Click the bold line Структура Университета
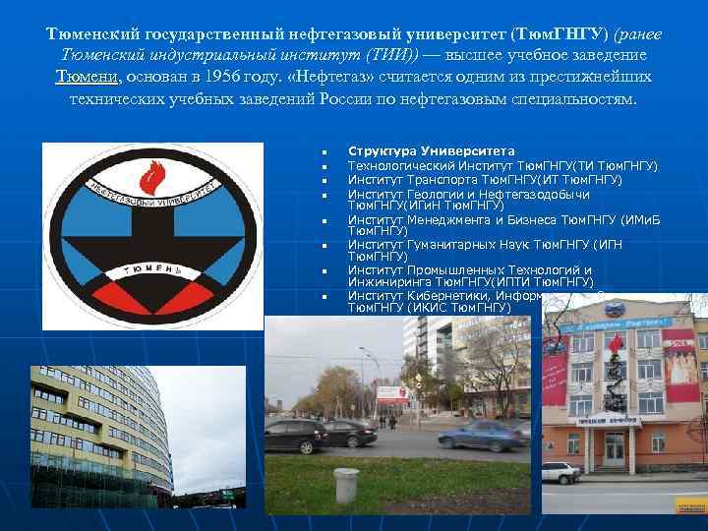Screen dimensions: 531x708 click(431, 151)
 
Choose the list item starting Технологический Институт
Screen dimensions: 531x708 click(502, 165)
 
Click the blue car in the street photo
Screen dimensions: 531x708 click(482, 435)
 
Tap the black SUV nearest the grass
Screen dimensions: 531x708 click(295, 434)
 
